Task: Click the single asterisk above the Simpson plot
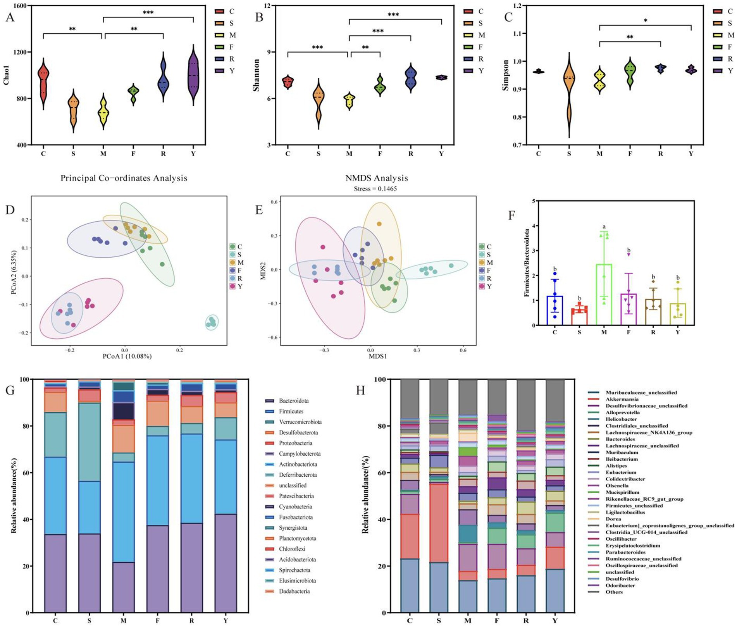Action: click(x=646, y=21)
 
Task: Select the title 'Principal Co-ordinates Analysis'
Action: click(x=124, y=178)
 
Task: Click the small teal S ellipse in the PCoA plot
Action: click(x=212, y=322)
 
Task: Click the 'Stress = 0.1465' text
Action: click(x=375, y=189)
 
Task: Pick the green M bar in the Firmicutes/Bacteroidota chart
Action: click(x=604, y=295)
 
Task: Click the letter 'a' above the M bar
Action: click(x=604, y=227)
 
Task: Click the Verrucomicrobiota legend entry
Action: click(x=300, y=422)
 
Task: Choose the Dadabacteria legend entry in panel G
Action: click(x=294, y=591)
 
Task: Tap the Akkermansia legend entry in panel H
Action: click(x=622, y=399)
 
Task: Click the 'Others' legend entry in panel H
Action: click(x=614, y=592)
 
